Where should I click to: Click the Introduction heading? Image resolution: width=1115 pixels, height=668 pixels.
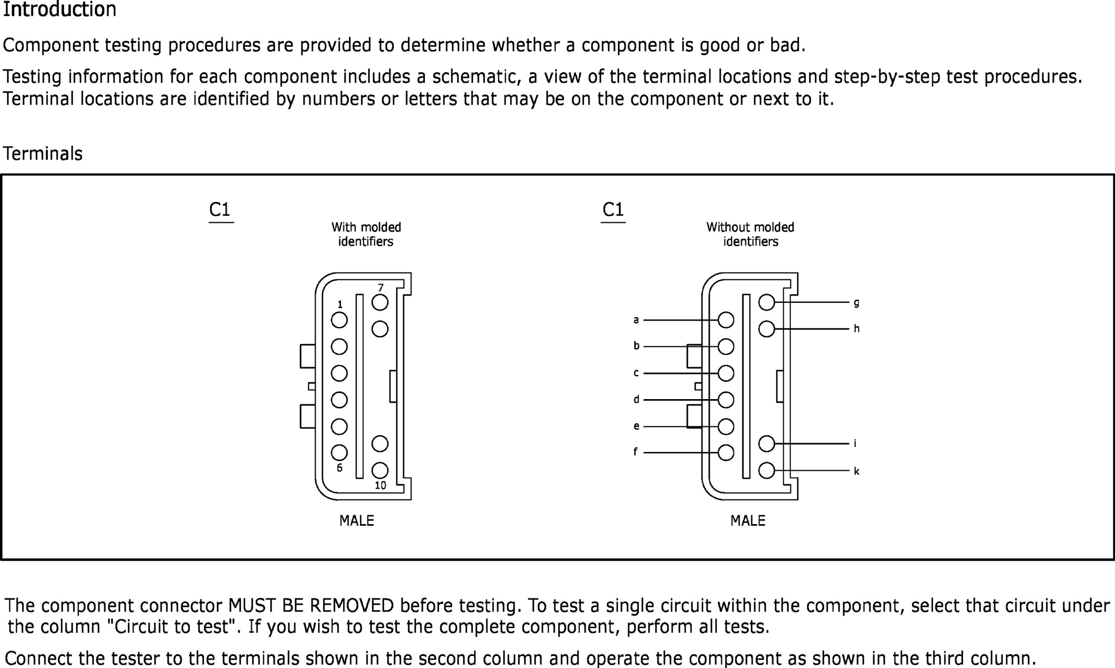coord(60,10)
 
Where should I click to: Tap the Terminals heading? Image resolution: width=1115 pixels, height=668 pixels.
coord(43,154)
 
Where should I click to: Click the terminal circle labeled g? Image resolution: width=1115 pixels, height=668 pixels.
coord(766,302)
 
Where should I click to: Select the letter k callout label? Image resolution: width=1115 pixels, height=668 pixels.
coord(856,471)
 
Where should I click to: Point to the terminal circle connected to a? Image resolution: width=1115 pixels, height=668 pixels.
coord(726,320)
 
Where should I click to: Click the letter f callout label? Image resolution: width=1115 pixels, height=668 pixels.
coord(635,452)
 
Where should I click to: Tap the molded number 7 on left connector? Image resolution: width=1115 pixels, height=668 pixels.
coord(381,288)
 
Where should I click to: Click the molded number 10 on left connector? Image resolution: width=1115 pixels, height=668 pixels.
coord(381,485)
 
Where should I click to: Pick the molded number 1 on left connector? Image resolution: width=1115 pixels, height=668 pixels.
coord(340,304)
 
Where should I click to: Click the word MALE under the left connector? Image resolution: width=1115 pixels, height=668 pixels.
coord(356,521)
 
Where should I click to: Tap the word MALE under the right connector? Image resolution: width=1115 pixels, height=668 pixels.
coord(748,521)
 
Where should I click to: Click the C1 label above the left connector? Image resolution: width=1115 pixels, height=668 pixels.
coord(220,210)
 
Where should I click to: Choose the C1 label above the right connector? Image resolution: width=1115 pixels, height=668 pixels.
coord(613,210)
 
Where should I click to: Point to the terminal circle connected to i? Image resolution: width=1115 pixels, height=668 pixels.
coord(766,444)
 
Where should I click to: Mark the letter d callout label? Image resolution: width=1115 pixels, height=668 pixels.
coord(636,400)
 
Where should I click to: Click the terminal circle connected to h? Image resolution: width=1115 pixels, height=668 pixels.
coord(766,329)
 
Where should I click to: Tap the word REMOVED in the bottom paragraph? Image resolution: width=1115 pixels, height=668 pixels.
coord(352,606)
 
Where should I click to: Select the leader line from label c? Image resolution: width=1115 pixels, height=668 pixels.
coord(681,373)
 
